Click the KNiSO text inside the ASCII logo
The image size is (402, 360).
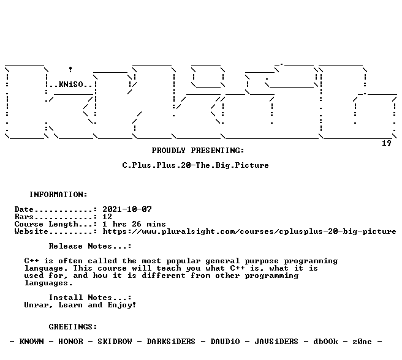point(70,84)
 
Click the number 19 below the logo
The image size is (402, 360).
point(386,143)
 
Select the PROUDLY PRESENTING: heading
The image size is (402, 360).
point(198,151)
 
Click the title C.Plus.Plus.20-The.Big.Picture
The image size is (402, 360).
point(195,165)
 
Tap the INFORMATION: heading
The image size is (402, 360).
point(58,195)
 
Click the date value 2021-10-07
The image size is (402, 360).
point(127,209)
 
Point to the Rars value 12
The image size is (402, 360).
point(107,217)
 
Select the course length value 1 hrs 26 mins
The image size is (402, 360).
point(134,224)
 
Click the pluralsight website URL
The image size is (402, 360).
point(249,231)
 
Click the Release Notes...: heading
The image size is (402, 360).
point(90,246)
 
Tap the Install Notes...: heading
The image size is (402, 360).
point(90,298)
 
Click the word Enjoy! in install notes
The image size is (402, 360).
point(122,305)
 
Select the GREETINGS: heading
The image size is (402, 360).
point(73,327)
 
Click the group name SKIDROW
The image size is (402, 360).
point(115,342)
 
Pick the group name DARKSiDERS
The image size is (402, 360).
point(171,342)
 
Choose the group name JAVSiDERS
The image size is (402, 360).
point(276,342)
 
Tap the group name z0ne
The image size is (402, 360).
point(362,342)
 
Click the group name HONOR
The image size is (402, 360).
point(70,342)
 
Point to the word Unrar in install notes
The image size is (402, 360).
point(36,305)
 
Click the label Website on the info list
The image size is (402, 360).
point(31,231)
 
